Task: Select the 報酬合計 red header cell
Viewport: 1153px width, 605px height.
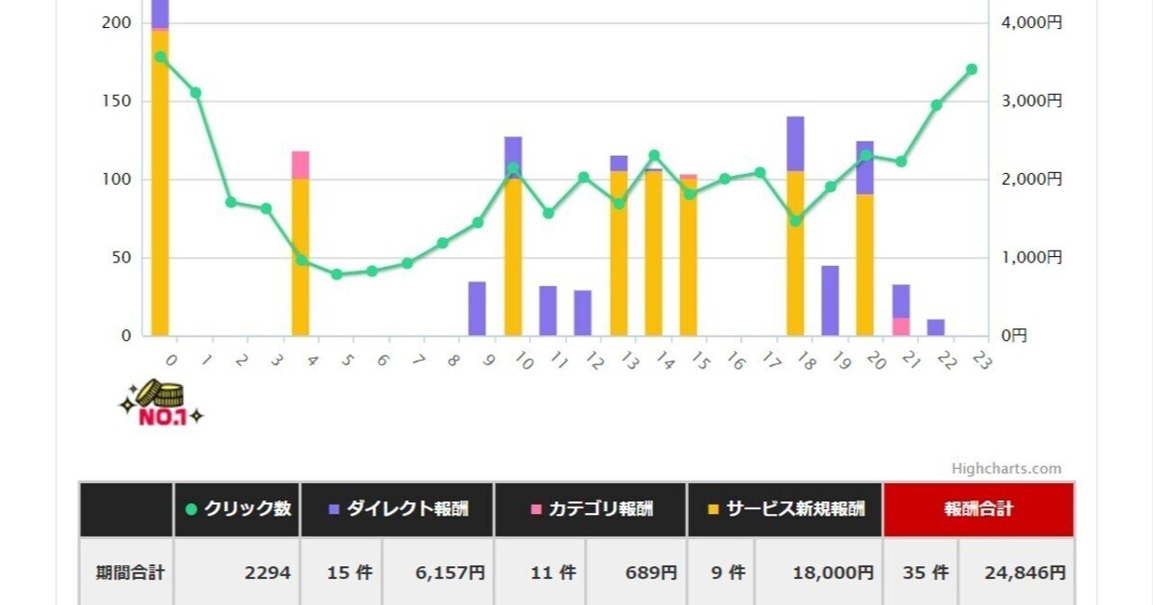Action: (978, 509)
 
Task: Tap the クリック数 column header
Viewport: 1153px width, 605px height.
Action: (237, 509)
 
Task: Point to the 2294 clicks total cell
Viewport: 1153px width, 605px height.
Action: (237, 573)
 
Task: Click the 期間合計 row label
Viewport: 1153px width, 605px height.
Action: (126, 573)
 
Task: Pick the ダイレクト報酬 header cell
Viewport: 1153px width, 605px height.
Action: (397, 509)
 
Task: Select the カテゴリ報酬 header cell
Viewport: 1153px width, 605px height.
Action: (591, 509)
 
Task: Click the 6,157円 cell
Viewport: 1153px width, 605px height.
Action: (438, 573)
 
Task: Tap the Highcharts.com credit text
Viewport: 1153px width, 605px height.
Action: (1006, 469)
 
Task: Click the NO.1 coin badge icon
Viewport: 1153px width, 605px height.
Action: (160, 403)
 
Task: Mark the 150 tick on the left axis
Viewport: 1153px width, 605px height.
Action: (115, 101)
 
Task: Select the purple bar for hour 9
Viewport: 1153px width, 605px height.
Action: (477, 308)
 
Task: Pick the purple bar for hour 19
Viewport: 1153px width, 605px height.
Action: (830, 300)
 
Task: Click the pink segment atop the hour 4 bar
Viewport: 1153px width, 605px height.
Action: (301, 165)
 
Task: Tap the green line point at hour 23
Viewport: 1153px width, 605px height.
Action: (972, 69)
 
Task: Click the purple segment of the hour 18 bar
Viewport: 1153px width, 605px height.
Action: (795, 143)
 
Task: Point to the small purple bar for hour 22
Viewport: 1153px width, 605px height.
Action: (936, 327)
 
